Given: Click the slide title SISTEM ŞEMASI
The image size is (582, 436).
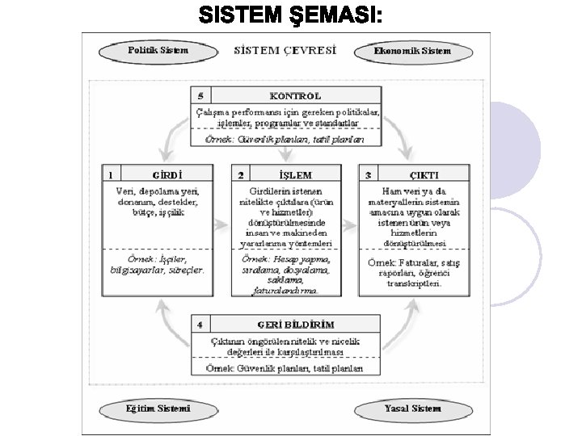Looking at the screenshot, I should click(290, 15).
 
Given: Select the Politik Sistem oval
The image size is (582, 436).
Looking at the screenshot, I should click(158, 51).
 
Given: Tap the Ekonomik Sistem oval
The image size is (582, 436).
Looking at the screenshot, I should click(412, 52).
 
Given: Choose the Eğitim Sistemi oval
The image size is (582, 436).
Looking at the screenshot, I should click(158, 409).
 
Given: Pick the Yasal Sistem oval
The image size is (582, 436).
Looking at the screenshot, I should click(412, 409).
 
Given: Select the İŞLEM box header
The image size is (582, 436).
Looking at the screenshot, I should click(294, 174).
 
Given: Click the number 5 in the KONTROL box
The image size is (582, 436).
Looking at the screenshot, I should click(200, 95).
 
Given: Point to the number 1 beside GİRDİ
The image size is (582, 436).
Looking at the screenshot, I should click(111, 174).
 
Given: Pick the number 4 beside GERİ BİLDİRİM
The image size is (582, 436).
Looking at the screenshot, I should click(200, 325).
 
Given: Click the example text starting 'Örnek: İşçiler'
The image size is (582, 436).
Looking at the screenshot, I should click(157, 264).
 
